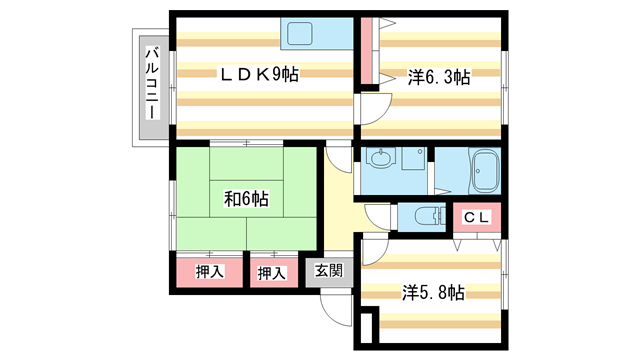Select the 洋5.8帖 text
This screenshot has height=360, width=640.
coord(434,293)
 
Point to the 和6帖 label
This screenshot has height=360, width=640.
coord(245,197)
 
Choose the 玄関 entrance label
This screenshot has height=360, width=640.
coord(329,270)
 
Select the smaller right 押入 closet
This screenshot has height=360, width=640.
coord(272,272)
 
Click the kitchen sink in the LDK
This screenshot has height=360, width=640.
coord(302,35)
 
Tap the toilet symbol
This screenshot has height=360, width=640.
coord(424,216)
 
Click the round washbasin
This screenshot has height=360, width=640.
coord(381,158)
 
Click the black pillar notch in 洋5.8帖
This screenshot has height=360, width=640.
coord(367,328)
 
